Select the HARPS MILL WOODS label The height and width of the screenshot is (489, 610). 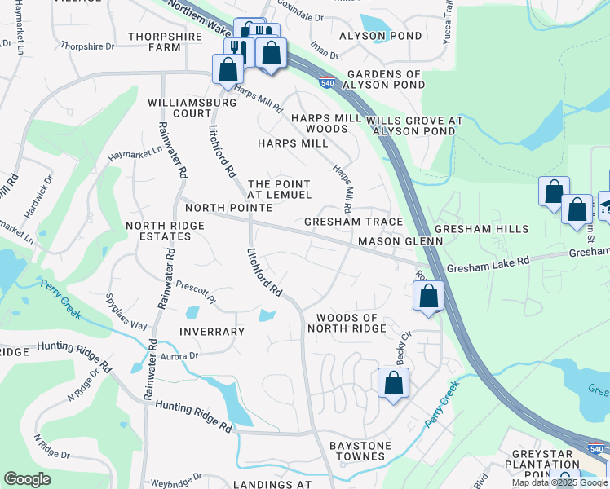click(x=320, y=124)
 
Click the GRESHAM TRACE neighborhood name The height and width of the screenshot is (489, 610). click(x=353, y=222)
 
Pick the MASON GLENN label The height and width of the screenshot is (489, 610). click(x=400, y=242)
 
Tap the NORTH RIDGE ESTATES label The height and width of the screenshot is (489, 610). click(x=158, y=230)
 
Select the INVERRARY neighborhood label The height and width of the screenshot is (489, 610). click(x=212, y=332)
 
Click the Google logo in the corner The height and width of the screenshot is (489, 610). click(x=28, y=479)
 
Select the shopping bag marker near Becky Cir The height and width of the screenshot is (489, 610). click(x=393, y=382)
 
